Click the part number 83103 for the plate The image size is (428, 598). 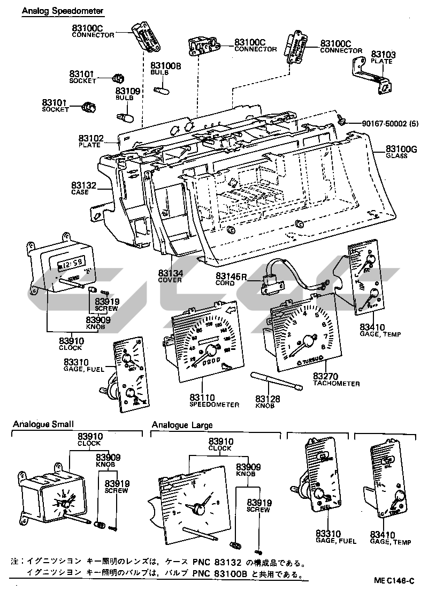tap(384, 54)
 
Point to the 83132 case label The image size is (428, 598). tap(84, 185)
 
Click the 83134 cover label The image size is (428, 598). tap(171, 273)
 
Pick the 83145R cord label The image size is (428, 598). tap(231, 276)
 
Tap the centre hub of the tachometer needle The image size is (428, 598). tap(308, 340)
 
